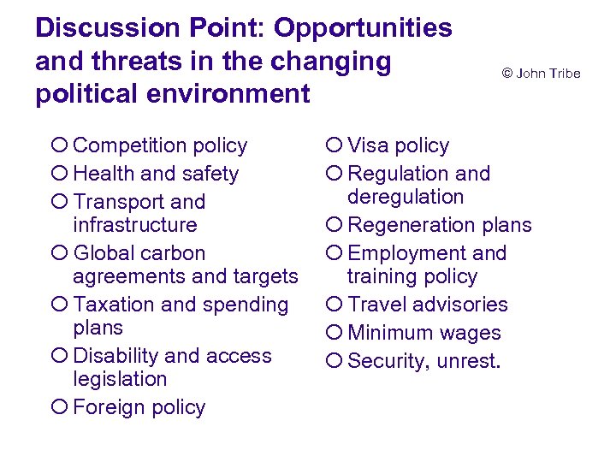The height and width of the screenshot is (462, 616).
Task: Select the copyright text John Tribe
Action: [541, 74]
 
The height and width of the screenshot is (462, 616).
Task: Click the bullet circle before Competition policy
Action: [58, 146]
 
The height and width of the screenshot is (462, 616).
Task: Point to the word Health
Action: [103, 174]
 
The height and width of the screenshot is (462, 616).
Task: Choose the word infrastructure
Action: [135, 225]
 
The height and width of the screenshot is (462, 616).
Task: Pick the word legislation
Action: [121, 379]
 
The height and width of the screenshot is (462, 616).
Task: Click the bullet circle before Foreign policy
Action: [58, 408]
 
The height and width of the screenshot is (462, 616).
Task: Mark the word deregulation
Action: [406, 197]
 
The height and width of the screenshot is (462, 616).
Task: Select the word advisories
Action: [461, 305]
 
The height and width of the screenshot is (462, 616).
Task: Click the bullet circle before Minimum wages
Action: [334, 334]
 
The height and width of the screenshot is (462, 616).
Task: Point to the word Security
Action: [387, 362]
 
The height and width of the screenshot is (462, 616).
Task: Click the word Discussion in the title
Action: [97, 28]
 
